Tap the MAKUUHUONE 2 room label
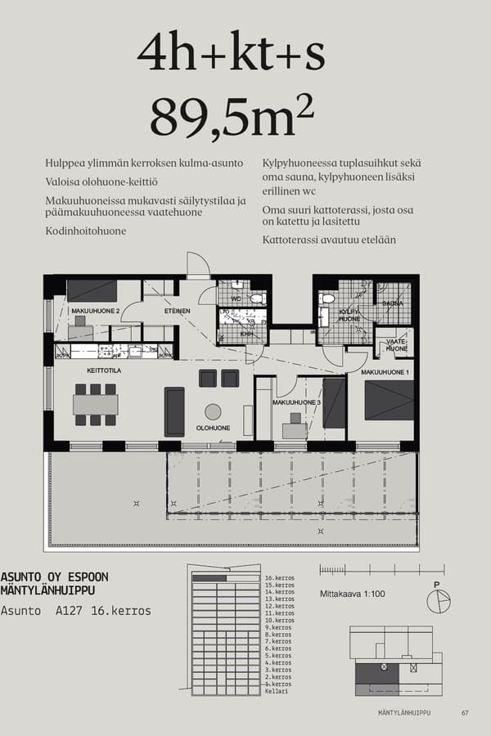(x=96, y=312)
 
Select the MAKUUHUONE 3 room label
(x=297, y=403)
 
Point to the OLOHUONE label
(x=213, y=428)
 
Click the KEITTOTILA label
(x=104, y=370)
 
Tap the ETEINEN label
(x=177, y=311)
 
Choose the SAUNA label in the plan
(x=393, y=303)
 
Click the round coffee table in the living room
(x=213, y=411)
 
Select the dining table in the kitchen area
(x=96, y=404)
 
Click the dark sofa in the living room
(x=174, y=411)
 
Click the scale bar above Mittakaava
(x=381, y=569)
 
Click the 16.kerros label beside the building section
(x=279, y=578)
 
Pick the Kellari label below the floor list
(x=276, y=691)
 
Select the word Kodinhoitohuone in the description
(x=86, y=231)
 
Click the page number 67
(x=465, y=713)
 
